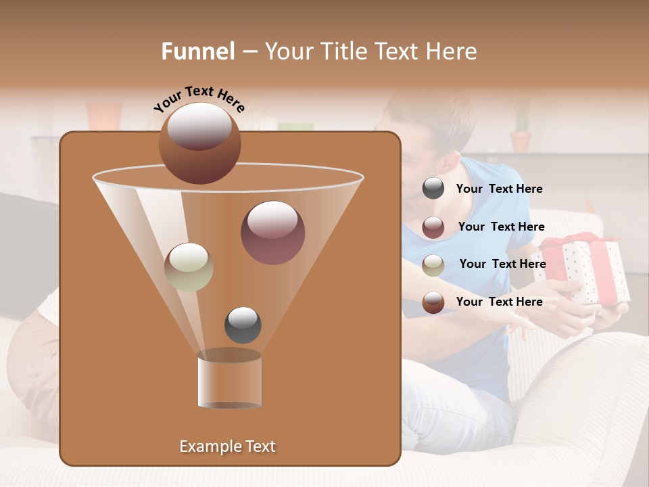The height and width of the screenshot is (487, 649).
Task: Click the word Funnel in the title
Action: tap(197, 51)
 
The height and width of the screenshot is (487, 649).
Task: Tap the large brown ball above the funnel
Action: tap(199, 143)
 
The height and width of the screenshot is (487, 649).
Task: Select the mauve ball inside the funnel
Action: tap(272, 232)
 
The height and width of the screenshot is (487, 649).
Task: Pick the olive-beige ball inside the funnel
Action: tap(189, 267)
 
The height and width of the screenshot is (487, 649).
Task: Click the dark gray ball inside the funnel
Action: tap(243, 325)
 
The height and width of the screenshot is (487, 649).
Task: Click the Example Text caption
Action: tap(227, 446)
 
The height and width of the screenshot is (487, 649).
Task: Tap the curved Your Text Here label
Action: tap(199, 99)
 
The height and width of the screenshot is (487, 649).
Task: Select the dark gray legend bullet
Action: tap(433, 189)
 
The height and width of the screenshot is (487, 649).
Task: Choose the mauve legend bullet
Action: tap(433, 227)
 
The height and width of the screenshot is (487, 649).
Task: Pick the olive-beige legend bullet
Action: tap(433, 264)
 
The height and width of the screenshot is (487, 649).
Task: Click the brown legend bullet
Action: tap(433, 302)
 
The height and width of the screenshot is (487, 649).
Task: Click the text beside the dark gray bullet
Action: tap(499, 189)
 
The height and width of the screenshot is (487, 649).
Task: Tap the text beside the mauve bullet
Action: tap(501, 227)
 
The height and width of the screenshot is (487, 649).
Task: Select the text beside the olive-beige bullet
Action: tap(502, 264)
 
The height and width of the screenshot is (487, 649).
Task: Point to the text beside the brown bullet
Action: tap(499, 302)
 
